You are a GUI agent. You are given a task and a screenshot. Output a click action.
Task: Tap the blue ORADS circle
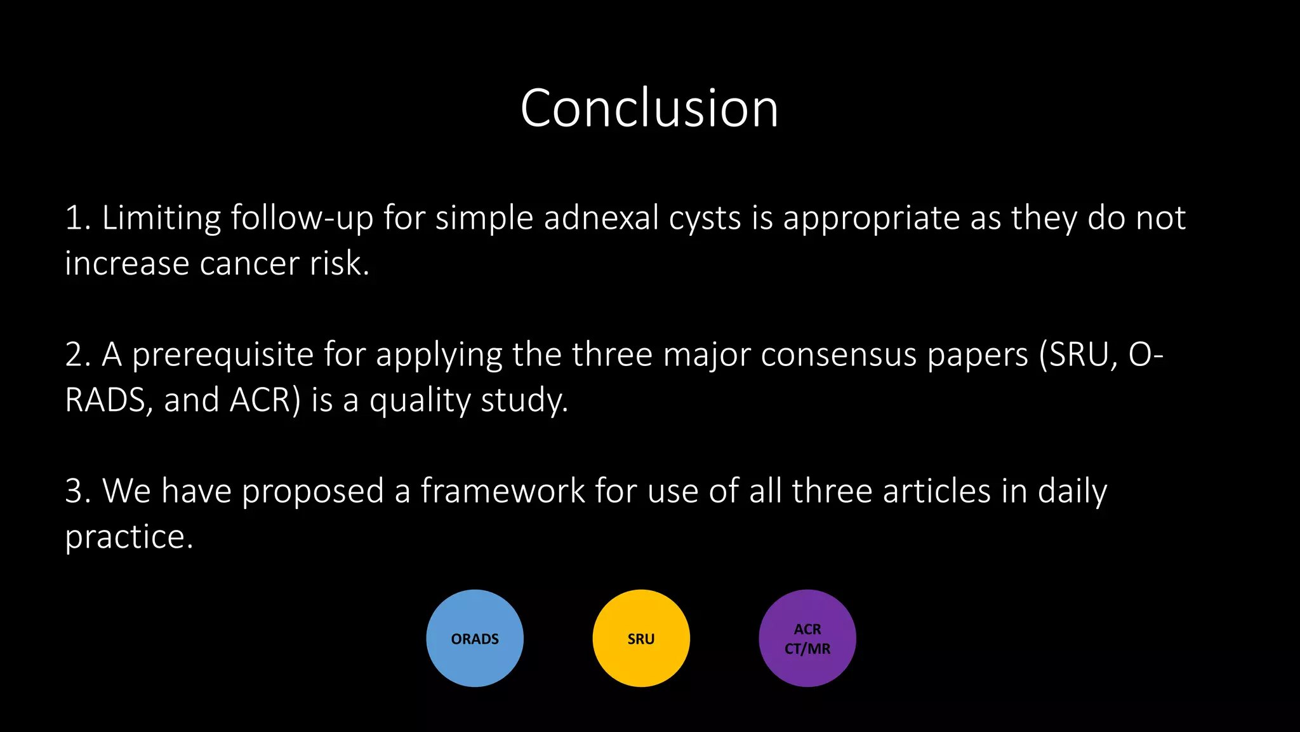(475, 638)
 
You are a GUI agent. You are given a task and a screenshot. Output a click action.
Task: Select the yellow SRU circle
(641, 638)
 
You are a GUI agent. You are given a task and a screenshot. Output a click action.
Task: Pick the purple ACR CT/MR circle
(807, 638)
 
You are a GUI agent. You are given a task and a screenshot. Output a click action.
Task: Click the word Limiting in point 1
(161, 218)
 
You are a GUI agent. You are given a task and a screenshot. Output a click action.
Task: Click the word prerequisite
(223, 355)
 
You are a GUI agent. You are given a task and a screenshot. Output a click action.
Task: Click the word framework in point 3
(503, 491)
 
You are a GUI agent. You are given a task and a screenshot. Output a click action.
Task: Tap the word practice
(129, 538)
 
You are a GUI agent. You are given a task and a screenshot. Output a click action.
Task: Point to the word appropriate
(871, 219)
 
